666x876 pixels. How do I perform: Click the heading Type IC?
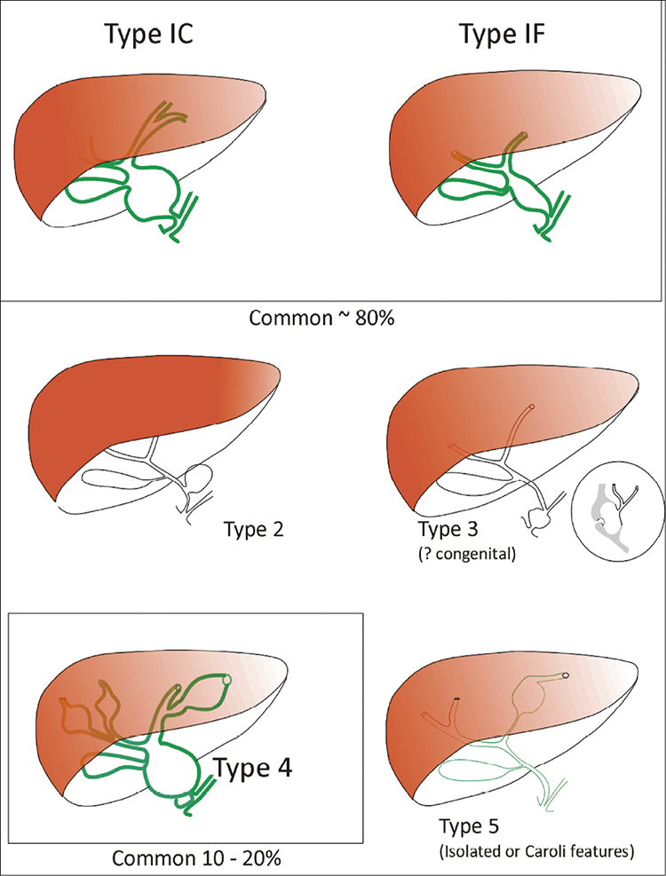[149, 34]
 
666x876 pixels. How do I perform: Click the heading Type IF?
[502, 34]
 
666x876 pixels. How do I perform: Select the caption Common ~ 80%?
[321, 318]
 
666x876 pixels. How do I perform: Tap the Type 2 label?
[254, 528]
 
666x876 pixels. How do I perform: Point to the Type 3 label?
[448, 528]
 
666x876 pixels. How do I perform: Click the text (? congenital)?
[467, 555]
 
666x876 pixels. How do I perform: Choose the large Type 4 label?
[252, 769]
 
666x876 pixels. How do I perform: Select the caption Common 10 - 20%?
[196, 857]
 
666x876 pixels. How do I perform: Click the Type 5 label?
[469, 826]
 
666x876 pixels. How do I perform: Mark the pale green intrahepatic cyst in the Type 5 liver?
[531, 694]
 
